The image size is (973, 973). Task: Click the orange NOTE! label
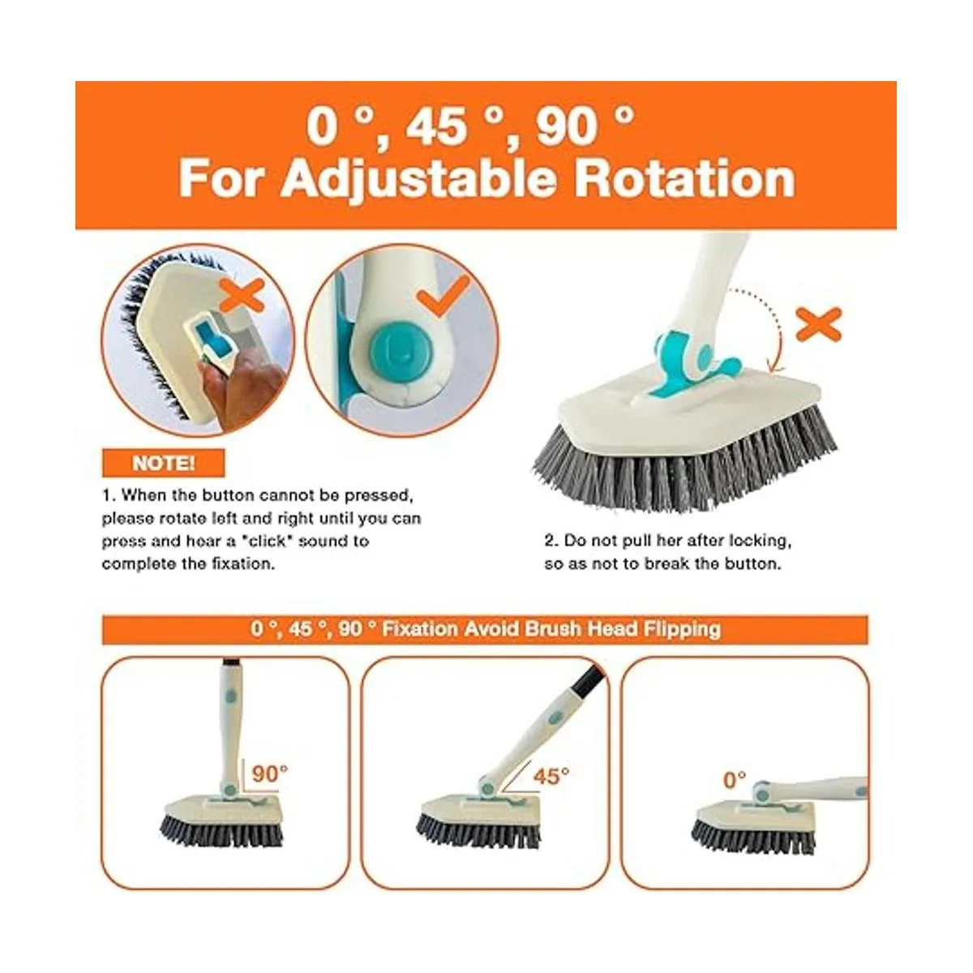point(163,463)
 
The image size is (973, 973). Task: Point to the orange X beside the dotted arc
point(818,324)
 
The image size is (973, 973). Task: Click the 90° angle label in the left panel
point(269,773)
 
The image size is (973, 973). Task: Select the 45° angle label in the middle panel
point(551,776)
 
